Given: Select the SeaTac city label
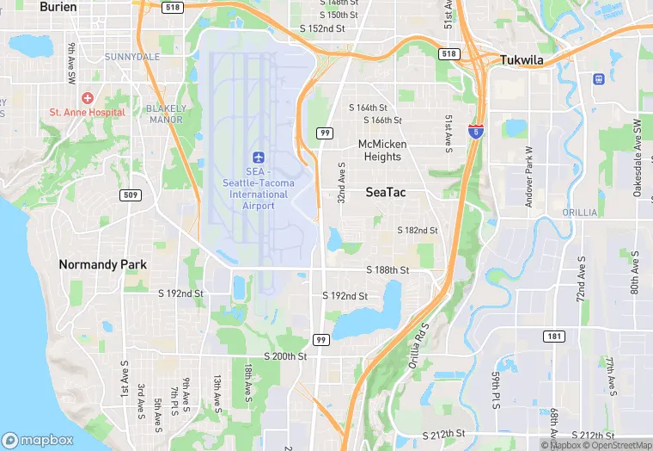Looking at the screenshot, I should click(x=386, y=193).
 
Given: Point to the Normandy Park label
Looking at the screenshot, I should click(x=102, y=264).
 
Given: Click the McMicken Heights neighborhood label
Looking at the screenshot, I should click(x=382, y=151).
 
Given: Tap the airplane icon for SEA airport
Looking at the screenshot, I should click(x=257, y=157).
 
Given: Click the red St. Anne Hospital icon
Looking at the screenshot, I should click(x=88, y=98).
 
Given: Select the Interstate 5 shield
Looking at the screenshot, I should click(x=475, y=132).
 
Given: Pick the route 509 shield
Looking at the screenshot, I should click(x=131, y=195).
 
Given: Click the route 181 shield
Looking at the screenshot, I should click(x=554, y=335).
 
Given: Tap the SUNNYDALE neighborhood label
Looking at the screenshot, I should click(x=132, y=57).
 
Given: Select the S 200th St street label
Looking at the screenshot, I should click(x=285, y=356).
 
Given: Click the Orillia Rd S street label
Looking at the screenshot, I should click(x=418, y=341).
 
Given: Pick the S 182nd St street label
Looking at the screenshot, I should click(x=417, y=231).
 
